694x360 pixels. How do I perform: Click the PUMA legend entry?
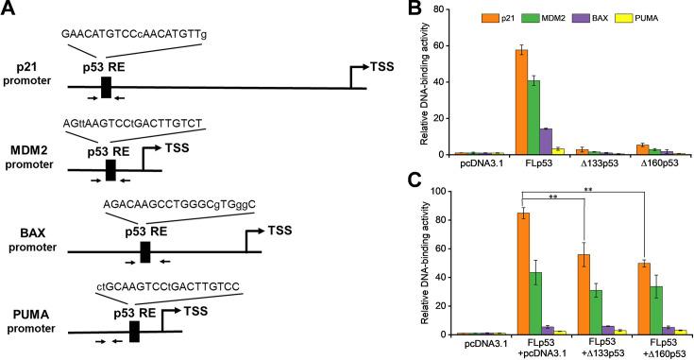coord(656,17)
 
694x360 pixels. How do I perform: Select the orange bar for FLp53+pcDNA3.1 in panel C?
coord(522,274)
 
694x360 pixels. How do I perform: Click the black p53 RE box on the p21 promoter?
coord(107,87)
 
